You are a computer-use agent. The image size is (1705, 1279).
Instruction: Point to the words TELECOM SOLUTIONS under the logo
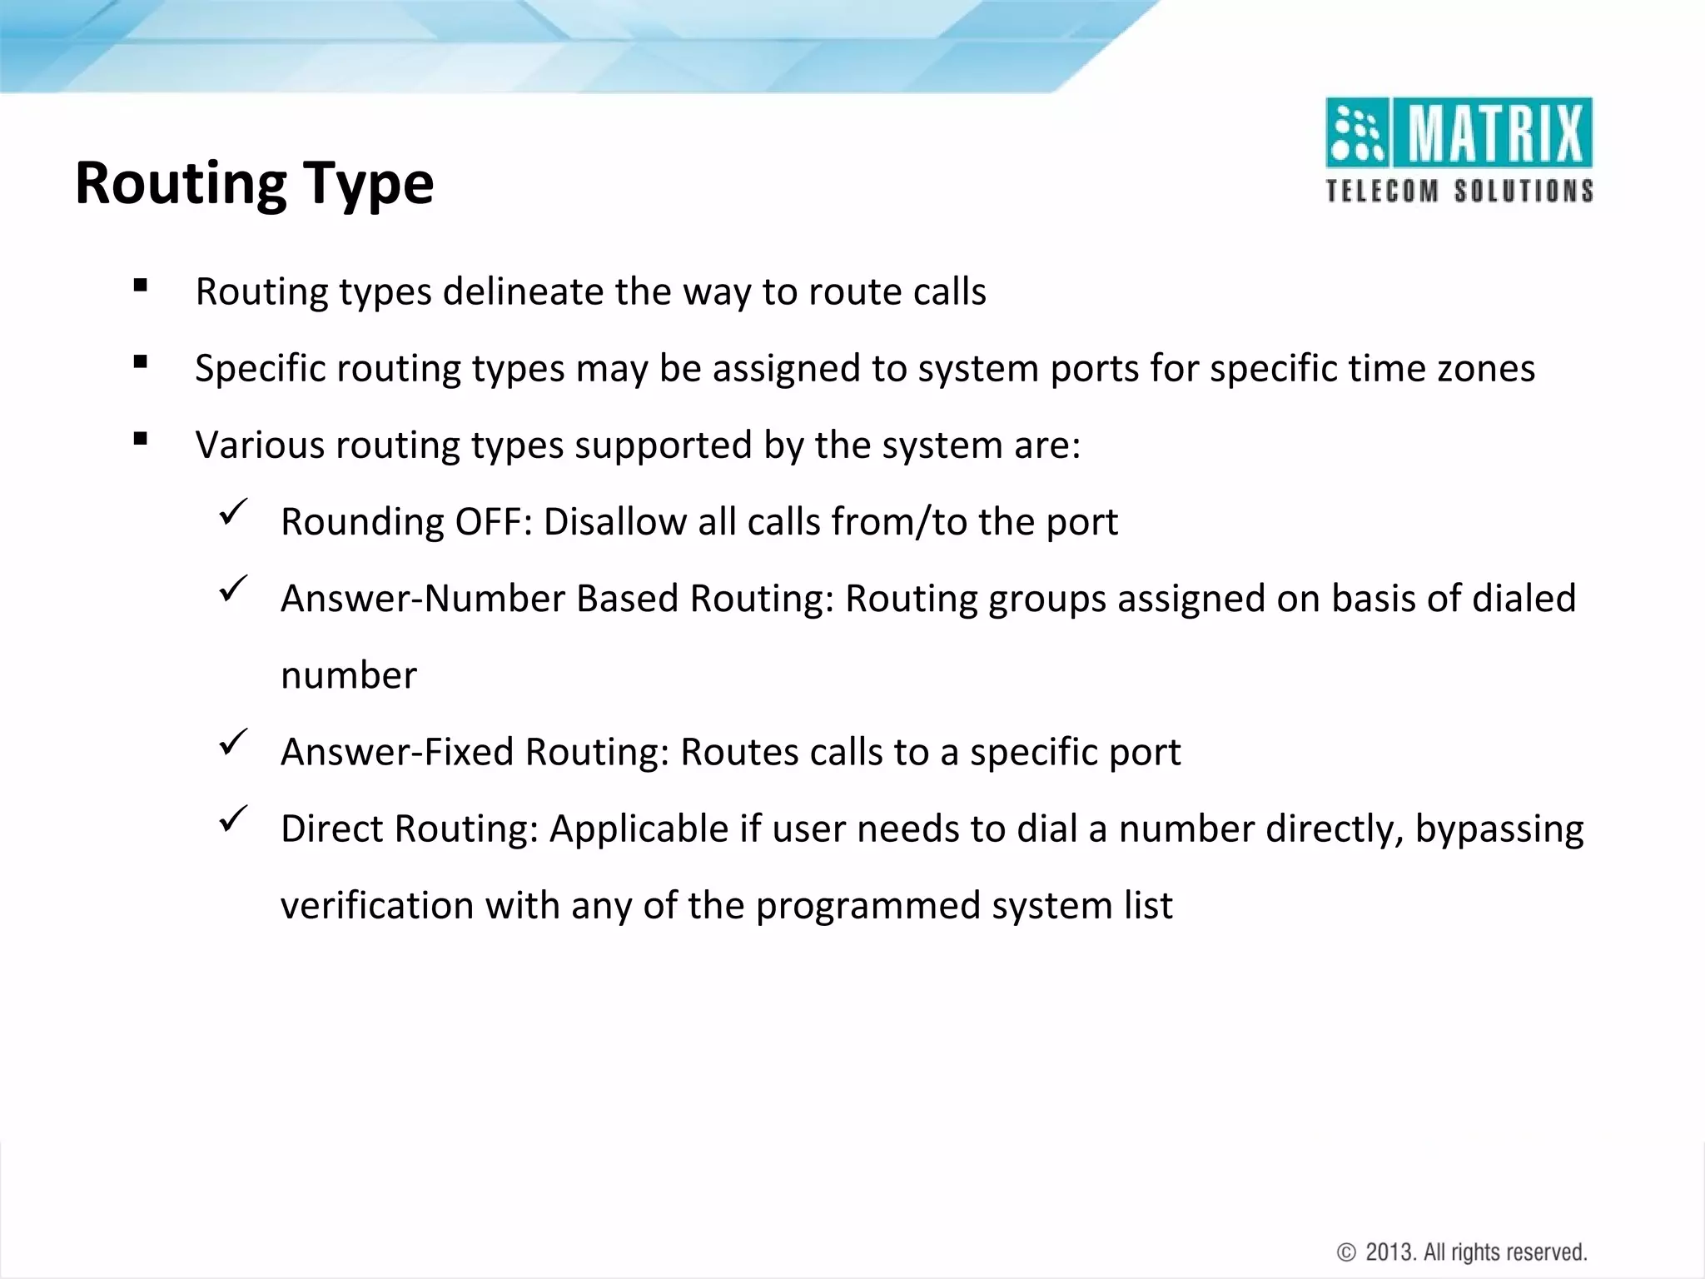pyautogui.click(x=1459, y=192)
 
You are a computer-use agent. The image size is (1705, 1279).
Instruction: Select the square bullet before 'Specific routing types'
pyautogui.click(x=140, y=362)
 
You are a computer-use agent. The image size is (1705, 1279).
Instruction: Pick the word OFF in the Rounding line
pyautogui.click(x=493, y=522)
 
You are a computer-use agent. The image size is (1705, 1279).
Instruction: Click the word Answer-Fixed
pyautogui.click(x=397, y=752)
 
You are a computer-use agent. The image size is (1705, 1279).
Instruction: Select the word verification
pyautogui.click(x=377, y=905)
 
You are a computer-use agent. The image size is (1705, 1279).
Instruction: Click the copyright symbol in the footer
pyautogui.click(x=1345, y=1252)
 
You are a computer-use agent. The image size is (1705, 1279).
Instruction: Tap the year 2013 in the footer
pyautogui.click(x=1389, y=1252)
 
